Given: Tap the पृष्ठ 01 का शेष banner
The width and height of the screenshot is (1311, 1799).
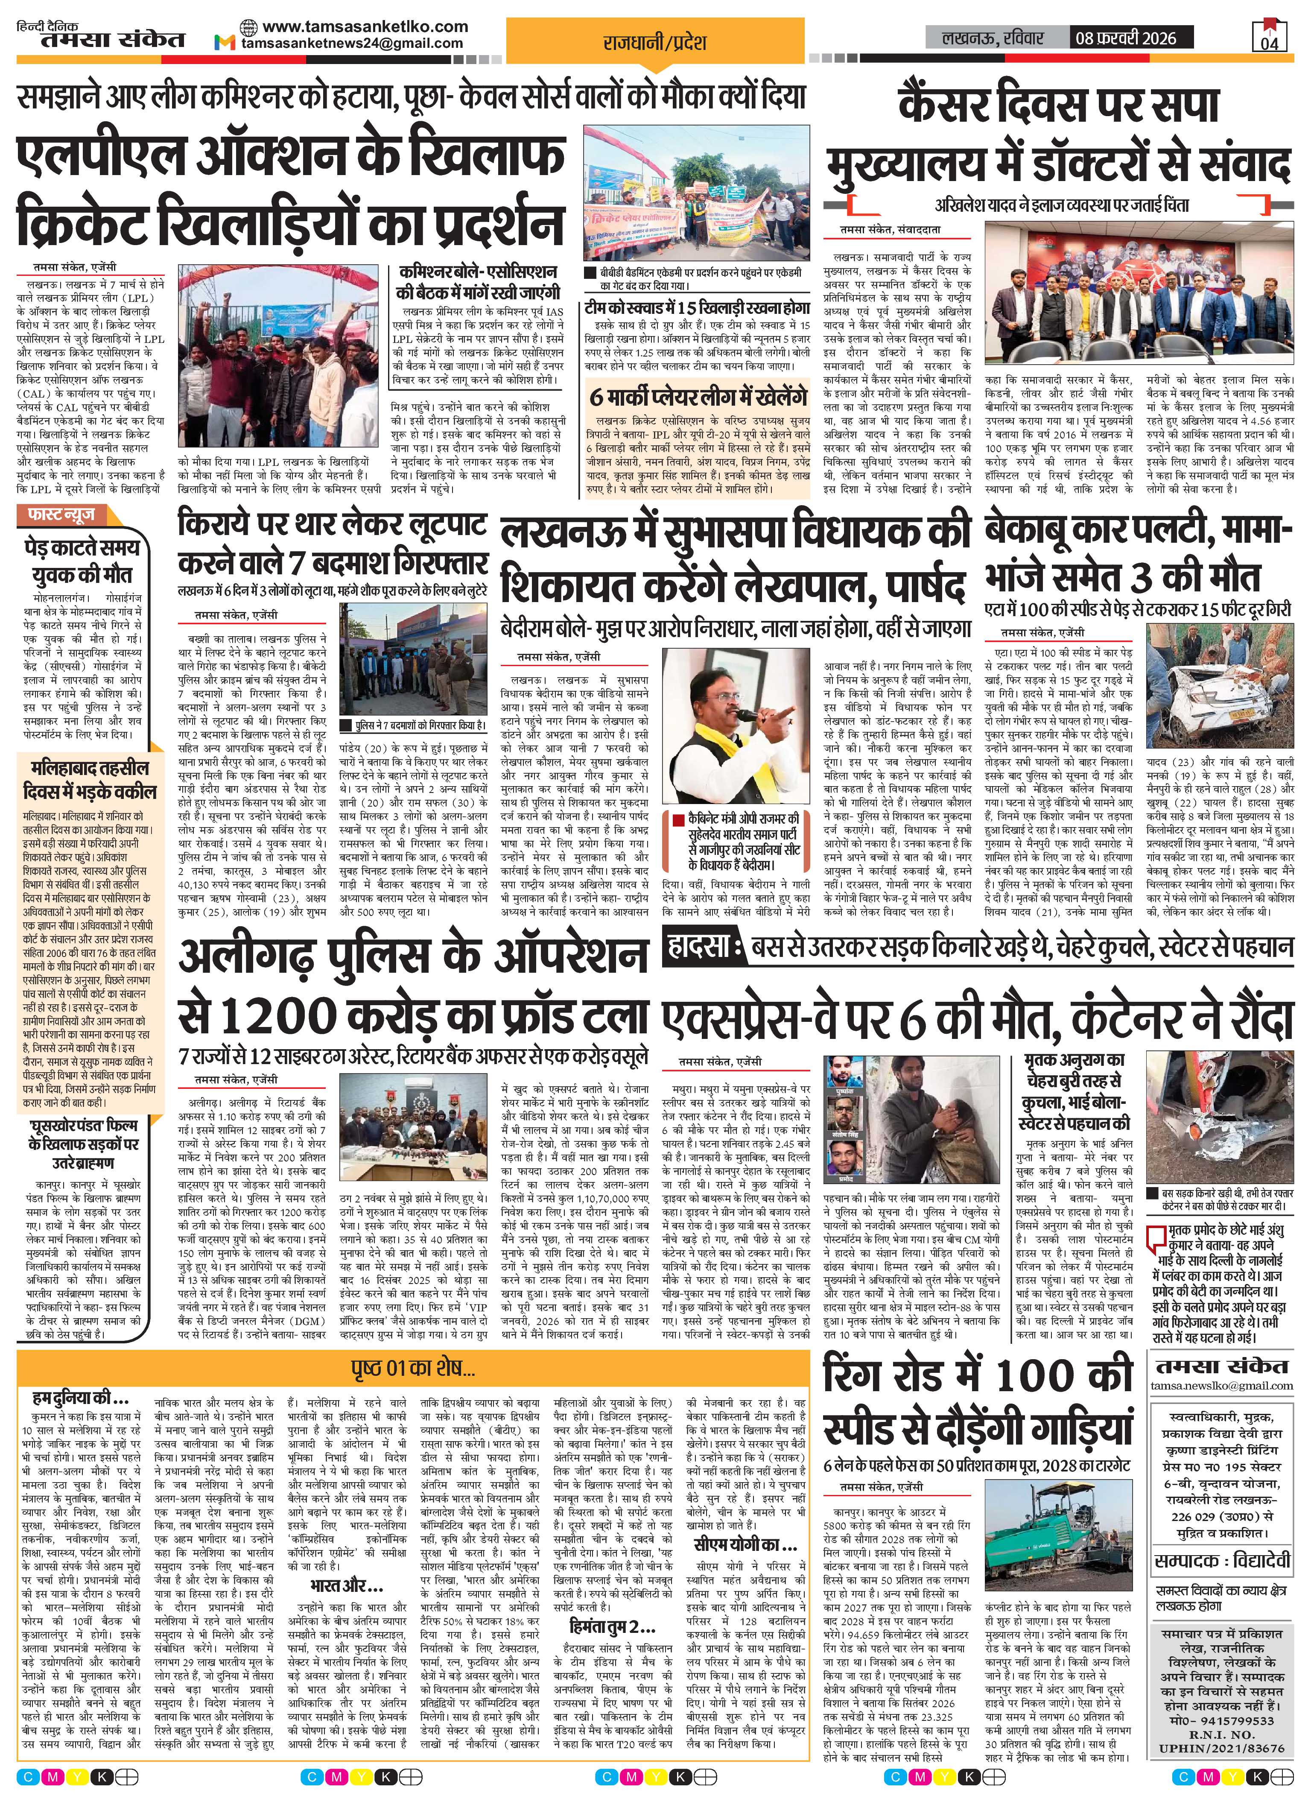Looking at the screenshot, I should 414,1369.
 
